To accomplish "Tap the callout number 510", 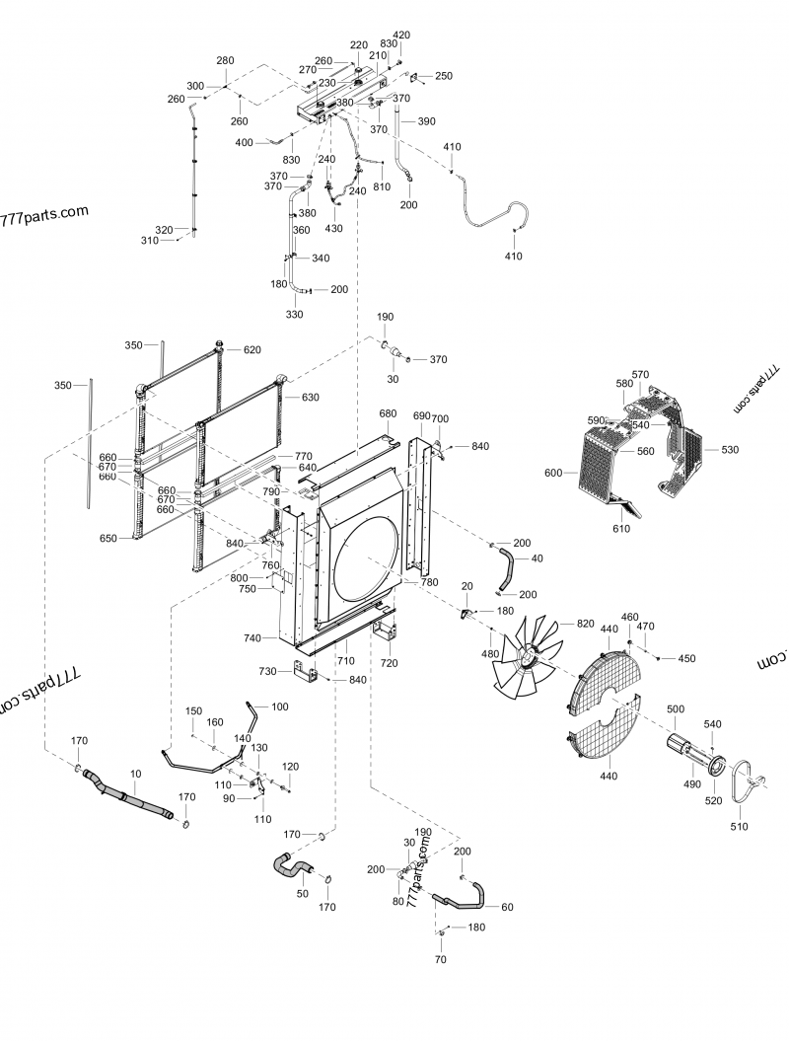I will (x=739, y=826).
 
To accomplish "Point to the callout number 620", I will (x=252, y=350).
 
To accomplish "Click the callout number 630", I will (x=311, y=398).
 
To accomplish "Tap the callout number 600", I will (x=553, y=474).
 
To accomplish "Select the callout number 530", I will (x=729, y=450).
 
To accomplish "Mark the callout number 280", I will (x=225, y=61).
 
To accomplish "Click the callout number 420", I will (x=401, y=35).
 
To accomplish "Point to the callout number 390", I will (x=426, y=121).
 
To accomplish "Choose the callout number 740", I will (x=252, y=638).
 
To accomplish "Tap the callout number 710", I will (x=345, y=659).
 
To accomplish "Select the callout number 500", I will (x=675, y=710).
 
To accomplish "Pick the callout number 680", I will (x=388, y=413).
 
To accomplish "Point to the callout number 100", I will (x=280, y=706).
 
